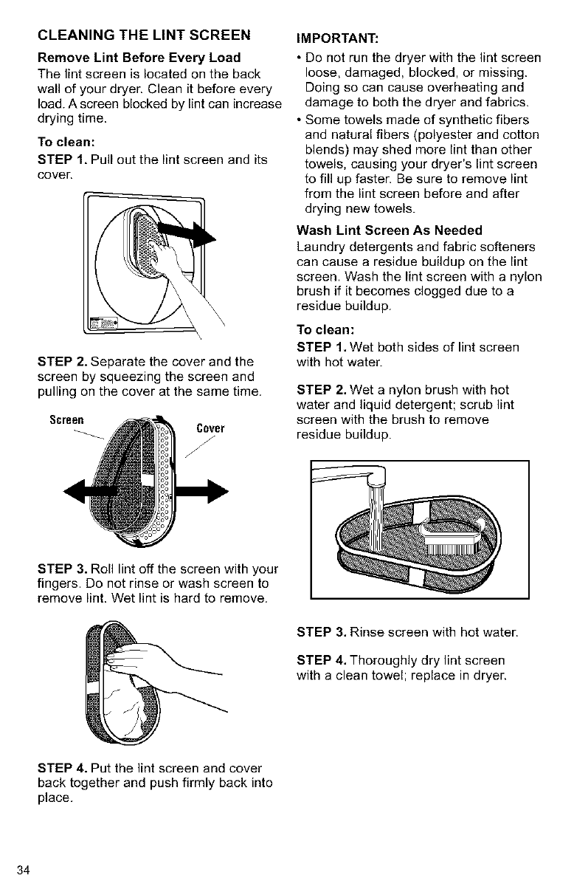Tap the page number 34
[x=24, y=870]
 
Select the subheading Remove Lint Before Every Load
[x=139, y=58]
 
